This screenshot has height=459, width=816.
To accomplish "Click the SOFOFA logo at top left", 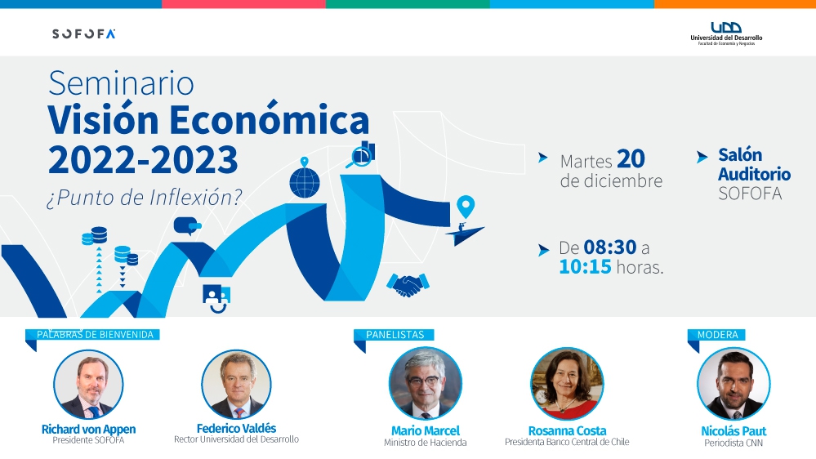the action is [84, 33].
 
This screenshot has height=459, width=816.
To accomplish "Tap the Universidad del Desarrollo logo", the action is [726, 33].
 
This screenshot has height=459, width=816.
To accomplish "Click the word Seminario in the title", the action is [121, 83].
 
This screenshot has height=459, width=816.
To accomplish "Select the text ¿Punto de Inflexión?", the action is [145, 198].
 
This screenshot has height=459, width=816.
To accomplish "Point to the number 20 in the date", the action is [631, 158].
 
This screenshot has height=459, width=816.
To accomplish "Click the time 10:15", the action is [585, 267].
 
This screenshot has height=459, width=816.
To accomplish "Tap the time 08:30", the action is [610, 247].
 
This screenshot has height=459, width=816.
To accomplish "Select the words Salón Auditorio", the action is [754, 164].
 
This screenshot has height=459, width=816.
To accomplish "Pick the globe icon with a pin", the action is [305, 179].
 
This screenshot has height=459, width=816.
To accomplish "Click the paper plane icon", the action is [464, 234].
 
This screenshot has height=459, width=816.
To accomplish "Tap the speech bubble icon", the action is [187, 226].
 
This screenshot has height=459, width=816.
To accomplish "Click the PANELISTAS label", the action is [395, 335].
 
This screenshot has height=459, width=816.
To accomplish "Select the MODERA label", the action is [718, 335].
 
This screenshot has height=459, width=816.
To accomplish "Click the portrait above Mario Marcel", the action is [426, 384].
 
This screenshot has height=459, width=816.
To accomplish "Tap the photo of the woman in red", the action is [567, 384].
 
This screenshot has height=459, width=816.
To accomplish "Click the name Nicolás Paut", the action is [734, 431].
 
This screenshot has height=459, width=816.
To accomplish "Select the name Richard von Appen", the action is [88, 430].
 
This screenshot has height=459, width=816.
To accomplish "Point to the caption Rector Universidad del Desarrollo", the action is [236, 439].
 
